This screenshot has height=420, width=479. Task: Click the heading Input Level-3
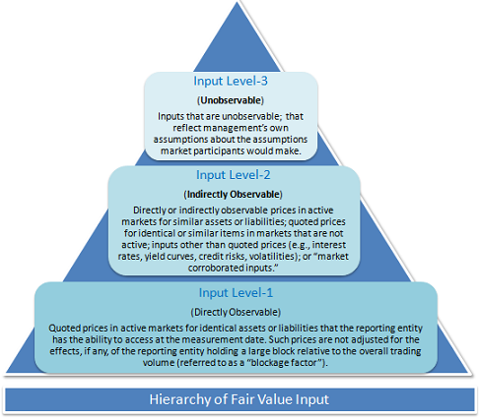tap(231, 81)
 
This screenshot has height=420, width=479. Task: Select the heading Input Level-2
tap(234, 175)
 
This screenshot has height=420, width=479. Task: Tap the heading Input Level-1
tap(236, 292)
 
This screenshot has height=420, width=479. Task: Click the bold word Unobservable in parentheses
tap(231, 100)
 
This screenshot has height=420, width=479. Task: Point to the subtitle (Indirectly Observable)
tap(233, 195)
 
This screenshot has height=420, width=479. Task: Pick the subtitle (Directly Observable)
tap(236, 312)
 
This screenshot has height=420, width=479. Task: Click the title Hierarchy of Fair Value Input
tap(239, 399)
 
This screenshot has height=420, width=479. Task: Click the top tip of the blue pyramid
tap(237, 3)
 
